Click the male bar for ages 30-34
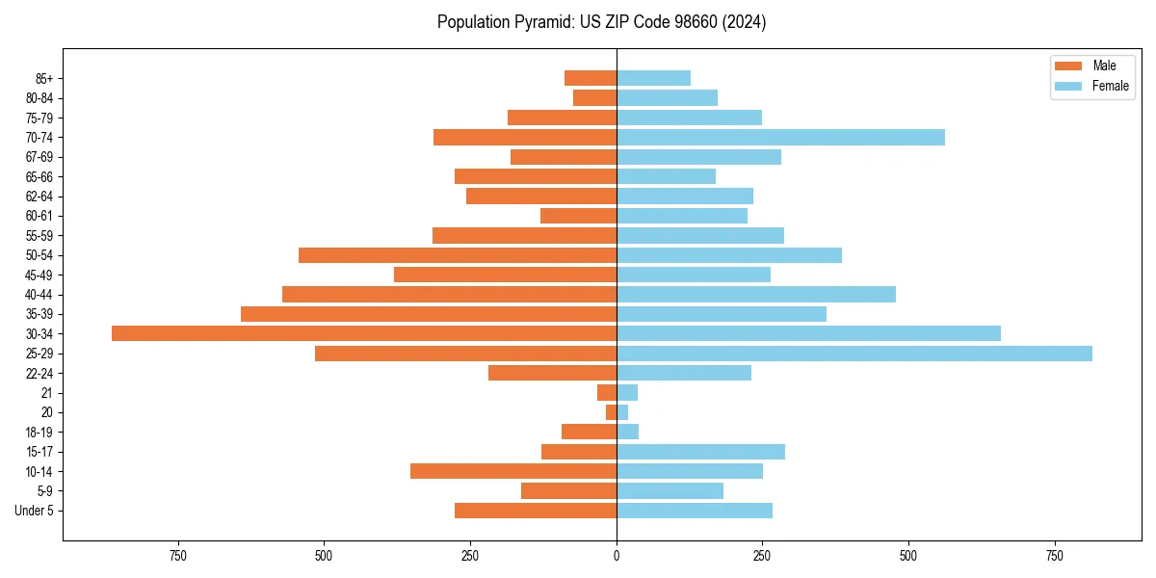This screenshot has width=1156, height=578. (364, 333)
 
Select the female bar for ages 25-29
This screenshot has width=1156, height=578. (854, 354)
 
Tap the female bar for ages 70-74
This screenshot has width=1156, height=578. (780, 137)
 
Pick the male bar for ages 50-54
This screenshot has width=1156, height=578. (458, 255)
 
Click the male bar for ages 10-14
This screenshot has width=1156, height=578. (513, 471)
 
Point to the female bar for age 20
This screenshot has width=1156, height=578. (622, 412)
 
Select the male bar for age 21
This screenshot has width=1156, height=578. (607, 393)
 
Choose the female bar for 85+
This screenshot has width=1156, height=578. (653, 78)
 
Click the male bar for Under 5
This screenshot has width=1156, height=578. (536, 511)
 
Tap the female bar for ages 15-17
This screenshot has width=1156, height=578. (700, 452)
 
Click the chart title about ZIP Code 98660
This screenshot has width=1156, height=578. (601, 22)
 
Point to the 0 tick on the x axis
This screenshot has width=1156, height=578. (617, 556)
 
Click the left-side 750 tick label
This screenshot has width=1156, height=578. (177, 556)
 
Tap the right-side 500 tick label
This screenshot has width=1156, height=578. (908, 556)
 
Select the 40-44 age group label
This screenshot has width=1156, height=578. (39, 295)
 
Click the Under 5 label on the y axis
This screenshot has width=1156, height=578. (35, 511)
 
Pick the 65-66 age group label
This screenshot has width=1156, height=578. (39, 176)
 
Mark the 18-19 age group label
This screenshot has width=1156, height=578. (39, 433)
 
